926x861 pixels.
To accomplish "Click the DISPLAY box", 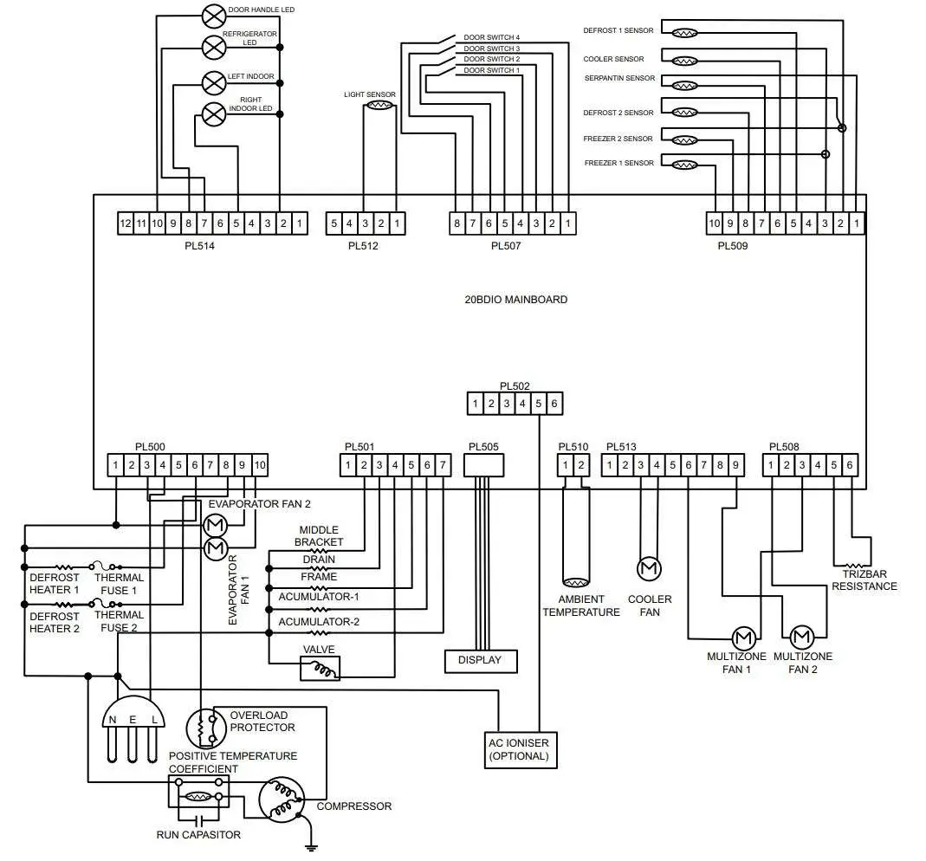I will (x=480, y=660).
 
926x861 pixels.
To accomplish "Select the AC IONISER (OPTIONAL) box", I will (x=519, y=749).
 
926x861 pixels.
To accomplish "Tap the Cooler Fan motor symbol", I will (x=649, y=569).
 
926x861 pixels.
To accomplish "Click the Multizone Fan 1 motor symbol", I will (x=743, y=638).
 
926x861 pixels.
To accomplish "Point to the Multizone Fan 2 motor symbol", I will (x=801, y=638).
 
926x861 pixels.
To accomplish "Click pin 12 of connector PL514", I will (x=126, y=223).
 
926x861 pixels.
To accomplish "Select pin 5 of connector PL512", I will (x=333, y=223).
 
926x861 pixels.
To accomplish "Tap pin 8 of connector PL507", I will (x=457, y=223).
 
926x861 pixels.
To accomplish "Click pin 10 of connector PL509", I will (x=715, y=223).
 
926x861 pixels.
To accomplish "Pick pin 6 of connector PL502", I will (x=554, y=403).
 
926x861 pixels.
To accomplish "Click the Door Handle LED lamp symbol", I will (x=212, y=16).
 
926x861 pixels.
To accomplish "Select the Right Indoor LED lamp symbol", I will (x=212, y=113).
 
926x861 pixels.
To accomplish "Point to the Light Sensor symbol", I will (x=379, y=106).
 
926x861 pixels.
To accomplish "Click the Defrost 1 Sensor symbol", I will (x=685, y=33).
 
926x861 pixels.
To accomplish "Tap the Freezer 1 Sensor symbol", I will (x=685, y=165).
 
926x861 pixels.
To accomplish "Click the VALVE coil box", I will (x=320, y=669).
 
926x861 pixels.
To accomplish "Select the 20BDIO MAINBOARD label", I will (x=516, y=300).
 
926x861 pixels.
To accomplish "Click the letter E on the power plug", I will (x=133, y=720).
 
